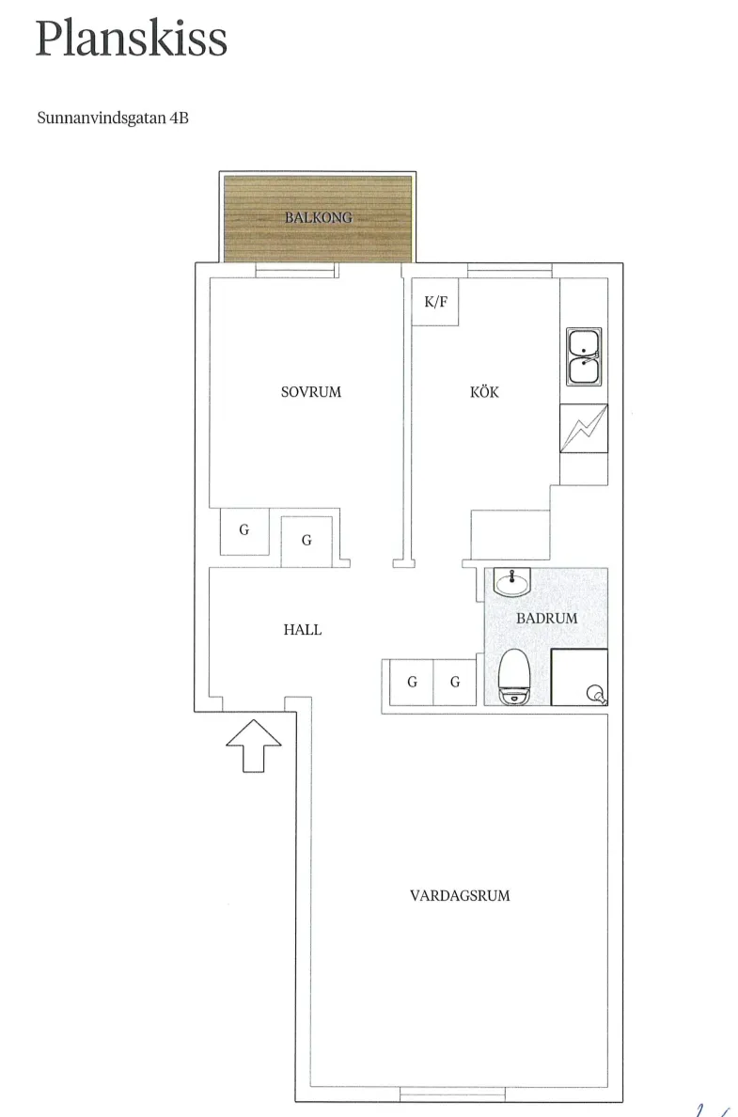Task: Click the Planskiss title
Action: [x=131, y=39]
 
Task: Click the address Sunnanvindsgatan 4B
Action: [x=113, y=118]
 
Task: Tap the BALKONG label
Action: [x=319, y=217]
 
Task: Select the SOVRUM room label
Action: [x=310, y=392]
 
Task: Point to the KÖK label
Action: [x=484, y=391]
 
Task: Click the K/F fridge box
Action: [x=435, y=302]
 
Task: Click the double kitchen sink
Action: [x=584, y=357]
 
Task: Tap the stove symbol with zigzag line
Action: [x=584, y=428]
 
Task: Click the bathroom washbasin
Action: [x=512, y=583]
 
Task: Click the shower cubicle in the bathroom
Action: [x=579, y=678]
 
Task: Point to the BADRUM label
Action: [x=546, y=619]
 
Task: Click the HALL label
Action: [x=302, y=630]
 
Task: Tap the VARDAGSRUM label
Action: [x=460, y=895]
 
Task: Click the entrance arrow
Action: [x=254, y=746]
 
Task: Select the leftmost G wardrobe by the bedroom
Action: [x=244, y=531]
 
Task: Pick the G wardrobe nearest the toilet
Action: [x=454, y=683]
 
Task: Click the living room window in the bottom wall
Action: [x=452, y=1094]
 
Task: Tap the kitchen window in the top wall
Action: [x=510, y=271]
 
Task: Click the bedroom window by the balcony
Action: [x=295, y=271]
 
